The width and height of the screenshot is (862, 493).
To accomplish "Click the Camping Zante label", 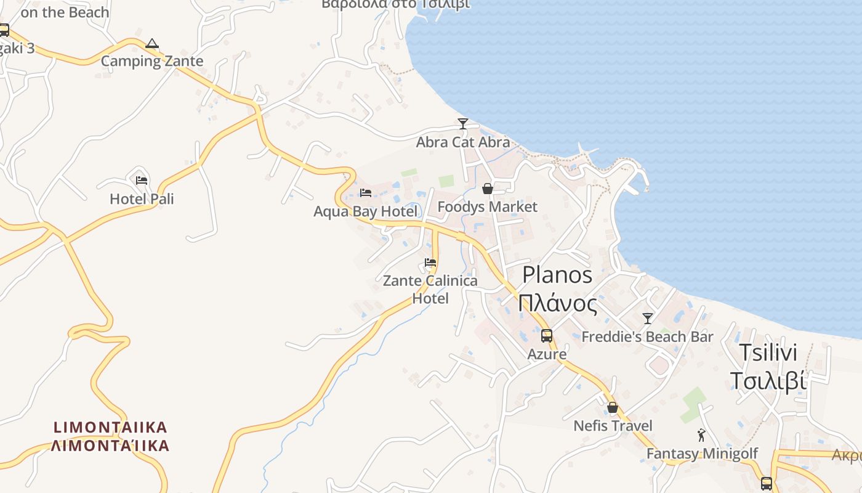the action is pos(151,61).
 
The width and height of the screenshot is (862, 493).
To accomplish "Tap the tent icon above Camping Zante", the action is pos(152,44).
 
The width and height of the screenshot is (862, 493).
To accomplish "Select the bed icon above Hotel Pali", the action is pos(142,181).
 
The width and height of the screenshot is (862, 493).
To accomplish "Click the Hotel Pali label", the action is pos(142,198).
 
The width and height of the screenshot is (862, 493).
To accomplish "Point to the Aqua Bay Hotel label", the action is pos(365,211).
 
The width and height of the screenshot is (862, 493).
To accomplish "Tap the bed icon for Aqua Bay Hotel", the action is pos(365,193).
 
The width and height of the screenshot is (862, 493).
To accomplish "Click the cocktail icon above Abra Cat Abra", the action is pos(463,123).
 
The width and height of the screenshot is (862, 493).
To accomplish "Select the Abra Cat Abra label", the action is pos(463,142).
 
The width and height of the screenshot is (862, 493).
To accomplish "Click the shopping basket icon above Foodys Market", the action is pos(488,189).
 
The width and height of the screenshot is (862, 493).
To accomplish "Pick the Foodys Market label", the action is pos(488,206).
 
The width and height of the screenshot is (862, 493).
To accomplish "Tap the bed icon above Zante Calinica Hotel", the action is pos(430,263).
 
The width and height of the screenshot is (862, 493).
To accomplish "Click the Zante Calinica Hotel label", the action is pos(430,289).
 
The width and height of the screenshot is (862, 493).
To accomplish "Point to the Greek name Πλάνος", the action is pos(557,303).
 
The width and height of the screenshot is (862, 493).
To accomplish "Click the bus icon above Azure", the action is pos(547,336).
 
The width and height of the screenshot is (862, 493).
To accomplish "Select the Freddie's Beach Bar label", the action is pos(647,336).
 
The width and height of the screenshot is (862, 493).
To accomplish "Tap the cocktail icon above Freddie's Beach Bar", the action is pos(647,319).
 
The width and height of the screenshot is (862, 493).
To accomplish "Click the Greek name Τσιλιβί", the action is pos(768,381).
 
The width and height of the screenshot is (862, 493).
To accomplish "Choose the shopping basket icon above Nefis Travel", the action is pos(613,407).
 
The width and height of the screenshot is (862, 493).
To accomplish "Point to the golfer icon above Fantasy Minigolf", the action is pos(701,436).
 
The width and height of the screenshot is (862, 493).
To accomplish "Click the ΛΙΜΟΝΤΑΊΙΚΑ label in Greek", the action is pos(110,445).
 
